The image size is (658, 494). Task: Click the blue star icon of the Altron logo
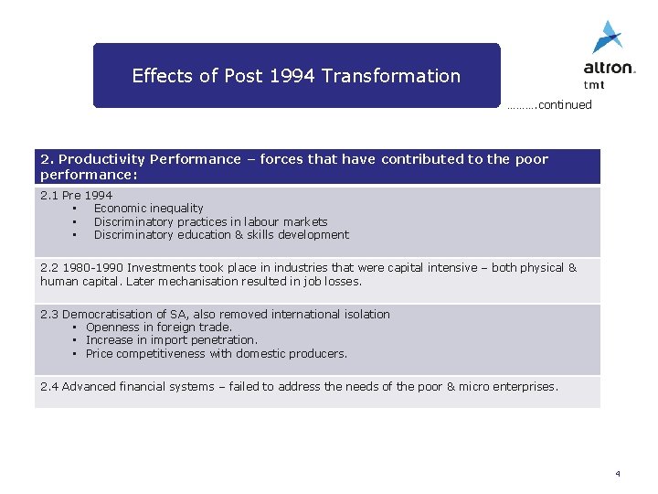607,37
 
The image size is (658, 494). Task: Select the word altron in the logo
609,68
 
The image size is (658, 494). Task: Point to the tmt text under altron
594,84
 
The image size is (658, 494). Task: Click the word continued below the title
565,105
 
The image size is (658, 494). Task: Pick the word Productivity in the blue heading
103,159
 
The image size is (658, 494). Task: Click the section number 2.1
49,196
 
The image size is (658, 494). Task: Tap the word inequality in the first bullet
175,209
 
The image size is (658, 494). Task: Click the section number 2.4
49,387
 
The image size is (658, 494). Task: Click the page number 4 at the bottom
618,474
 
